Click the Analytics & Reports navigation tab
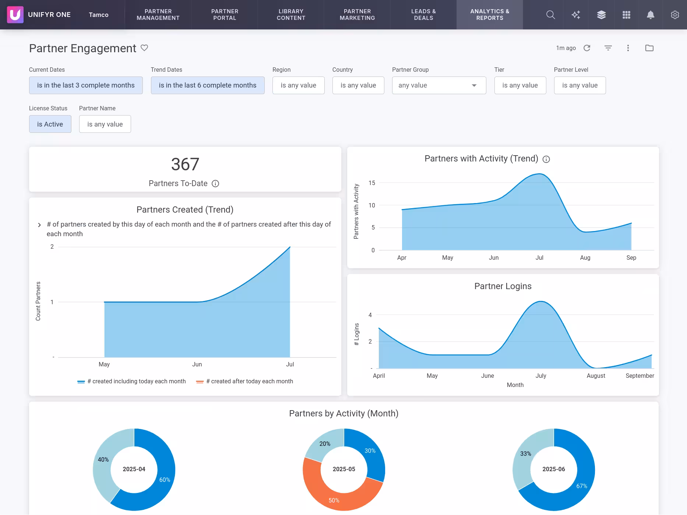(x=489, y=15)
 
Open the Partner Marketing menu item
(x=357, y=15)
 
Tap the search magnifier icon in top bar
(x=550, y=15)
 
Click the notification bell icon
(x=650, y=15)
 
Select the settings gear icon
(x=674, y=15)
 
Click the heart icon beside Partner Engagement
(x=144, y=48)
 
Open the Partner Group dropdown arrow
(x=474, y=85)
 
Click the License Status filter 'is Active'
(x=50, y=124)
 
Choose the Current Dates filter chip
(x=86, y=85)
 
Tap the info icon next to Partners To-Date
(x=215, y=184)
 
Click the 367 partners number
(x=185, y=164)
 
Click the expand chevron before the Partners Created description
(x=39, y=225)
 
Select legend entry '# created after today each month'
(x=249, y=381)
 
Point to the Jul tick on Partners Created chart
(x=290, y=364)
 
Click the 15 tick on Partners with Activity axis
(x=372, y=183)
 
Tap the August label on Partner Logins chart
(x=595, y=376)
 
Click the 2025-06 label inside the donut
(x=553, y=469)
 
